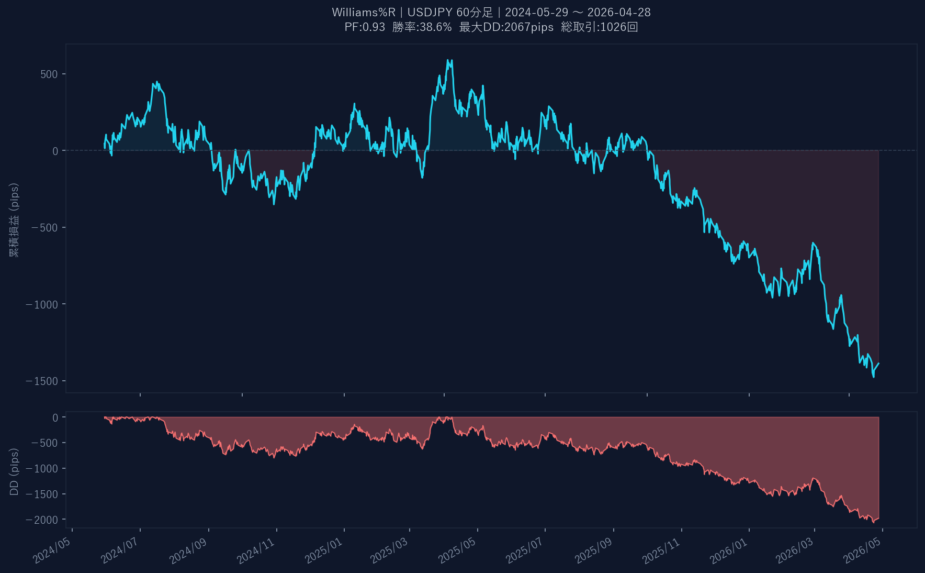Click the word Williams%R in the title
[x=363, y=12]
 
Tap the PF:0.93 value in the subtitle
[x=365, y=27]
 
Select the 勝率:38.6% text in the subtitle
[x=422, y=27]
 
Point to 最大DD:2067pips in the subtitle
[x=506, y=27]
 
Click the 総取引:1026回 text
[x=599, y=27]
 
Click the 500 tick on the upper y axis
[x=49, y=74]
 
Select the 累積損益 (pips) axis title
[x=14, y=220]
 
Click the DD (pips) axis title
[x=14, y=471]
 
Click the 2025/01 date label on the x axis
[x=324, y=550]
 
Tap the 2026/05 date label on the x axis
[x=863, y=550]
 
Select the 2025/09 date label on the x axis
[x=594, y=550]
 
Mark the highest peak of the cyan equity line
[x=448, y=60]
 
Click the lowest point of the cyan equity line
[x=873, y=377]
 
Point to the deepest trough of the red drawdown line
[x=873, y=522]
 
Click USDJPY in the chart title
[x=430, y=12]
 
